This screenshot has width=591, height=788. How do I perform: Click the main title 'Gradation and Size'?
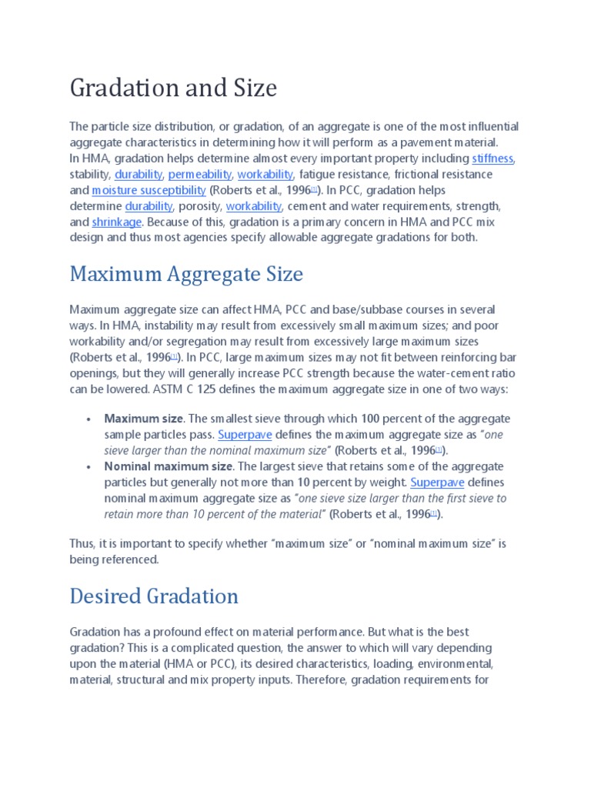click(173, 88)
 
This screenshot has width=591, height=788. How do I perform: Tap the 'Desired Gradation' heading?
click(154, 596)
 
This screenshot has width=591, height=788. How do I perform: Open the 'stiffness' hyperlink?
click(492, 159)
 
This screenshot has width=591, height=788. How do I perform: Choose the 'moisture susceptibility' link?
click(149, 190)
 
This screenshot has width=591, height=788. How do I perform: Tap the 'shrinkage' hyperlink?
click(117, 222)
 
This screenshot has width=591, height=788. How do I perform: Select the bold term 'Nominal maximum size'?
click(168, 466)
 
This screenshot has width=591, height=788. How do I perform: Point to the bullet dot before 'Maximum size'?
click(89, 419)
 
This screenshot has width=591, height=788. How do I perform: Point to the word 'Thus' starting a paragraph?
click(82, 543)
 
